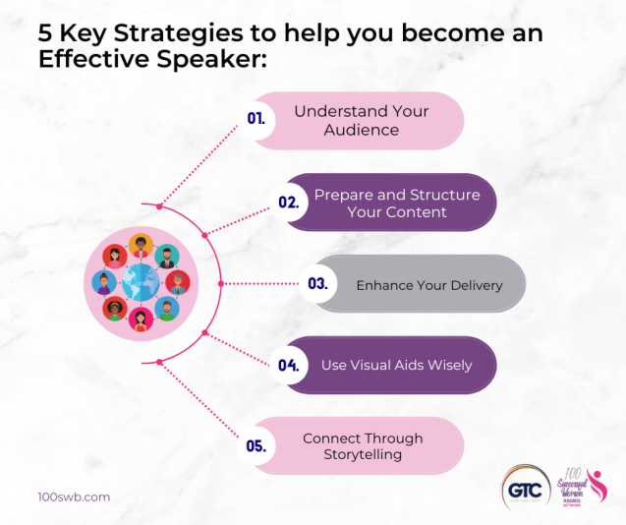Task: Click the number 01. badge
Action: click(x=256, y=119)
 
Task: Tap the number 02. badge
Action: click(x=288, y=203)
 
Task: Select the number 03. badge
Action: click(x=317, y=283)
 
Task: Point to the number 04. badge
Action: click(x=288, y=365)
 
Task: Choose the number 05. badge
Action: click(x=256, y=445)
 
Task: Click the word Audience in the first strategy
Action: click(x=362, y=130)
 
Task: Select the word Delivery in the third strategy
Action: click(x=471, y=285)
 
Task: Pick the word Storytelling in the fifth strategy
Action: click(x=362, y=454)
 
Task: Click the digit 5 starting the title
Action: click(x=45, y=33)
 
